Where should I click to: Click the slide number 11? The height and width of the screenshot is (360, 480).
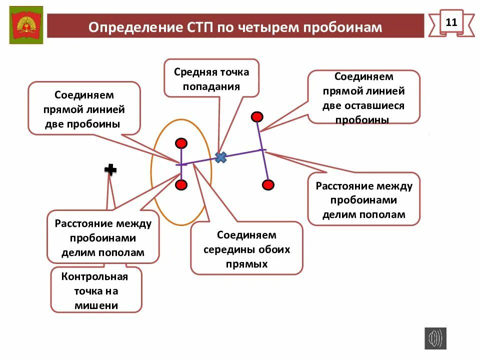click(451, 22)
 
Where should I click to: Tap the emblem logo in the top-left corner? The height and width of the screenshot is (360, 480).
click(26, 25)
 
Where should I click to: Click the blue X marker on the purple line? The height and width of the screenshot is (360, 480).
click(220, 157)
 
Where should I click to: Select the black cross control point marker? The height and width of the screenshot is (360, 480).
click(110, 170)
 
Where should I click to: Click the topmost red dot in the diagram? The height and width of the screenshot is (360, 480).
click(257, 117)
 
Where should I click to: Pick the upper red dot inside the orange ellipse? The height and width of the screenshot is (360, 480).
click(181, 143)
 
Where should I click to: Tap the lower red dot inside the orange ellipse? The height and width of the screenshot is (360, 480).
click(181, 185)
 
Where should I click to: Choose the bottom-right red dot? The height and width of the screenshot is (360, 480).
click(268, 185)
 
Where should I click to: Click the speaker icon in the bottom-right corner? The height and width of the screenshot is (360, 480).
click(435, 338)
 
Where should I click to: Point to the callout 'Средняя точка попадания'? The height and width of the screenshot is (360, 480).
click(211, 78)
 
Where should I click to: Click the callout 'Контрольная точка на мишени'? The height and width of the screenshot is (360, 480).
click(96, 290)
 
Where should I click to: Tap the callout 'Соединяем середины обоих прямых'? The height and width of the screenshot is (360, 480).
click(246, 249)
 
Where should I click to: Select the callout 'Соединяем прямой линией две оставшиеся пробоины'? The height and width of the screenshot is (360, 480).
click(363, 97)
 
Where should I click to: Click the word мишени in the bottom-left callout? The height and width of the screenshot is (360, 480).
click(96, 305)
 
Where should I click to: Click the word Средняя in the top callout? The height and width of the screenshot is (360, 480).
click(192, 71)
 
